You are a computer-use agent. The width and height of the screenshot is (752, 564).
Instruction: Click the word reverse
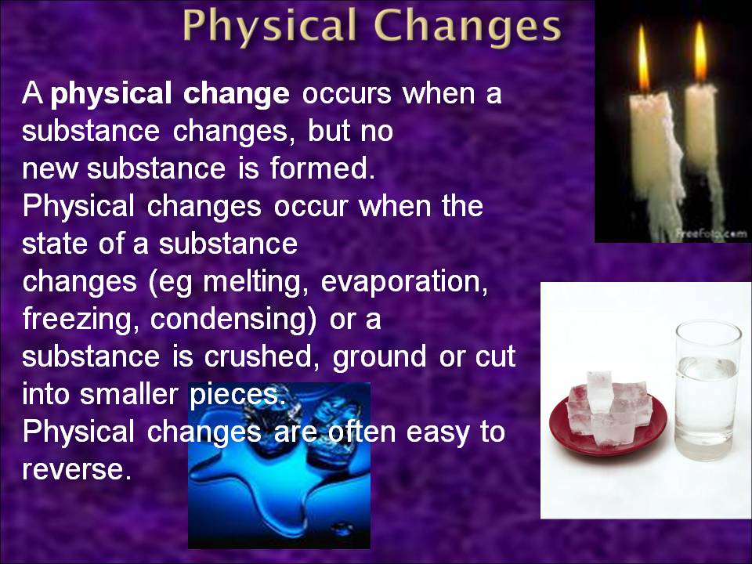[x=74, y=470]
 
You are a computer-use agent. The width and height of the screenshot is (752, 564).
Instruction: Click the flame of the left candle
[x=643, y=60]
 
